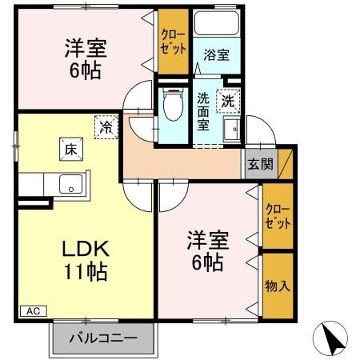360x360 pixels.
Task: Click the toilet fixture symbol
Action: coord(172,105)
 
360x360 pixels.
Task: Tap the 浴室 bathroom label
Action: coord(215,55)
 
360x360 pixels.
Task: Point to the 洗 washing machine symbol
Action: coord(229,102)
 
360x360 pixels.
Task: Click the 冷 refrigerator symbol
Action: coord(105,126)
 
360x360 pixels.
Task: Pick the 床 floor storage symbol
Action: coord(70,148)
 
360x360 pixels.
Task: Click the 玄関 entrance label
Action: coord(259,165)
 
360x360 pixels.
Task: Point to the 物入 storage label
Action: coord(278,286)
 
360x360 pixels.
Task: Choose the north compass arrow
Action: coord(335,339)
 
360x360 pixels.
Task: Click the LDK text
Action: coord(86,247)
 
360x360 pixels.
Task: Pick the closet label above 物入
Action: coord(278,216)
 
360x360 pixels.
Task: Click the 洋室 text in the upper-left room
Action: coord(85,49)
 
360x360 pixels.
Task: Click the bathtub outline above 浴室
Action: coord(215,23)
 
